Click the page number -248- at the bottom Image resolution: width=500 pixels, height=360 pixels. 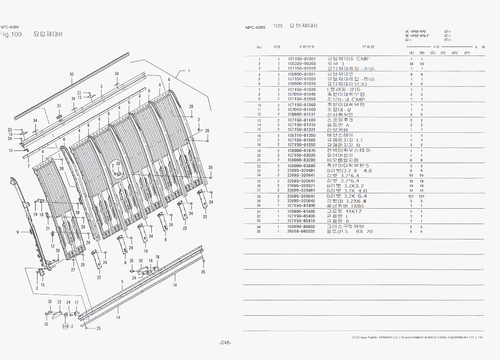point(225,342)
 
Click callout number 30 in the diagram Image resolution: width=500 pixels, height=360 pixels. point(71,74)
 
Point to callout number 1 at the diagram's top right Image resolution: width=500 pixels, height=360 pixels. point(189,71)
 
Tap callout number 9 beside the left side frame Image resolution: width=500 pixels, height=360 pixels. point(18,232)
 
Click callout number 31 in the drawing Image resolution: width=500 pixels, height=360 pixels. point(59,106)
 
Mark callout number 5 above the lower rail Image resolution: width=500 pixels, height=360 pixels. point(122,281)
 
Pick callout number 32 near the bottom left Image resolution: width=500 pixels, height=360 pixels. point(59,302)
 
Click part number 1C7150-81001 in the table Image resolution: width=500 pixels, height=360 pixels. point(302,59)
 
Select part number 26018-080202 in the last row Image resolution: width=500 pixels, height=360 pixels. point(302,232)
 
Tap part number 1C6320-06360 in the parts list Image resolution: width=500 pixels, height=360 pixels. point(302,64)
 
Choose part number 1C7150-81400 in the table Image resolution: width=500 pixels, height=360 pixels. point(302,206)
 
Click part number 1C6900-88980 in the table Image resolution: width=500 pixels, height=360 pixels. point(302,227)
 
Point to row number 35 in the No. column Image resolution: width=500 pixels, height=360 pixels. point(259,232)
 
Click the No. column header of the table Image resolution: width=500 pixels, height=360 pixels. point(260,47)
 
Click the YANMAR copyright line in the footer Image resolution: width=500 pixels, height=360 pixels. point(418,337)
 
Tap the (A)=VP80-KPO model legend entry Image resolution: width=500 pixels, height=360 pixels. point(416,31)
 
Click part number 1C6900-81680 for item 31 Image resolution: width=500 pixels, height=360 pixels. point(302,211)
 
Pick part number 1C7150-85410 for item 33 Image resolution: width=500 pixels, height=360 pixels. point(302,221)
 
